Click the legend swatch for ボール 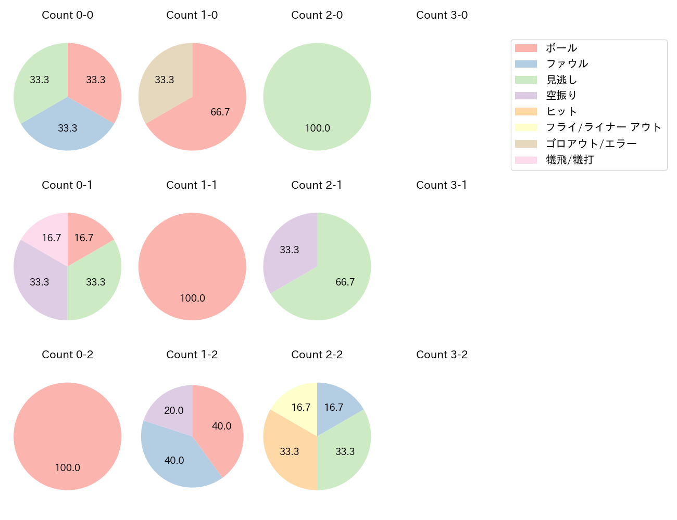click(x=525, y=48)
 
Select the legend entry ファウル click(x=567, y=64)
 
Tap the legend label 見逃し click(x=561, y=80)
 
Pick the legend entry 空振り click(x=561, y=96)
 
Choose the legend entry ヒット click(x=561, y=112)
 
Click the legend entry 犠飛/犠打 click(x=570, y=160)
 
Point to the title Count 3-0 click(x=442, y=15)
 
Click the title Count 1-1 click(x=192, y=185)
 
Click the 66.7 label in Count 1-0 click(x=220, y=112)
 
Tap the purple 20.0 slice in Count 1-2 click(x=172, y=408)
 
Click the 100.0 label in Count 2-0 click(x=317, y=128)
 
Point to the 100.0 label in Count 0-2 click(x=67, y=468)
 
